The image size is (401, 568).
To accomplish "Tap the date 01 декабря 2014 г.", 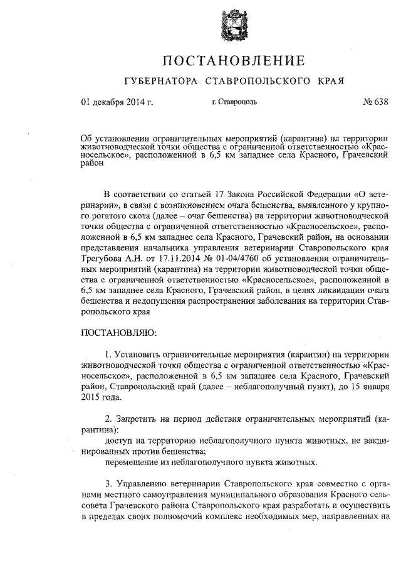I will (117, 102).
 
